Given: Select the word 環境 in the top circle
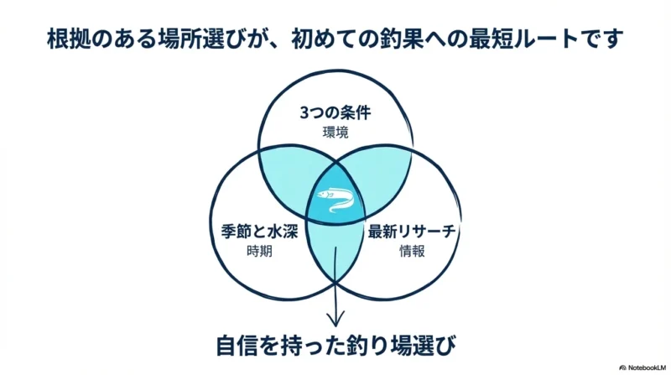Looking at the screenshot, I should point(335,133).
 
